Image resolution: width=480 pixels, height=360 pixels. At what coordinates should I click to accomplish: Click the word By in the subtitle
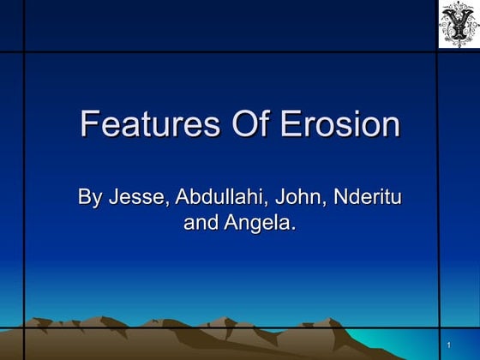pos(89,198)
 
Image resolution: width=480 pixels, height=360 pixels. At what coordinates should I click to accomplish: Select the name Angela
pos(260,225)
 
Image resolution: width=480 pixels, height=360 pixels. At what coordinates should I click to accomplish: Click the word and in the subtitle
pos(201,225)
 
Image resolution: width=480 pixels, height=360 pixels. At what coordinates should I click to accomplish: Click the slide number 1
pos(449,345)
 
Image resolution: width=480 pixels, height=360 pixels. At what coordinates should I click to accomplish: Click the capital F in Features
pos(89,125)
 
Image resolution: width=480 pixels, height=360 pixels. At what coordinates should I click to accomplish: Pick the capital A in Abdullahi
pos(184,198)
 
